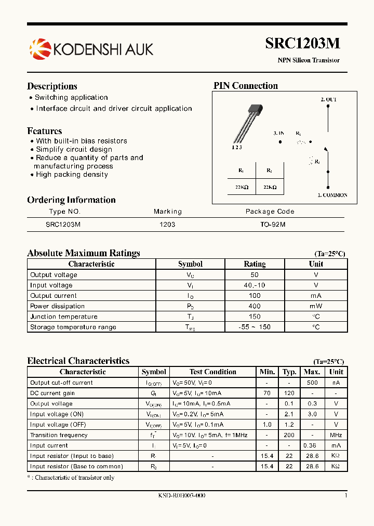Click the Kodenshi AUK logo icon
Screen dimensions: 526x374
tap(40, 49)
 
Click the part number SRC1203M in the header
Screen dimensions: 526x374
tap(302, 44)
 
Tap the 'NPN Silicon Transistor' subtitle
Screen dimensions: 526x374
tap(308, 60)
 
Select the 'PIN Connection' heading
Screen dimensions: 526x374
tap(246, 86)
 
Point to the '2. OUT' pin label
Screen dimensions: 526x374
tap(328, 99)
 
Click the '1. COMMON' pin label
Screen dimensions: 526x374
tap(332, 195)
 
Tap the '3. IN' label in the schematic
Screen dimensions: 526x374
tap(278, 134)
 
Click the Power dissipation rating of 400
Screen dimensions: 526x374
tap(254, 306)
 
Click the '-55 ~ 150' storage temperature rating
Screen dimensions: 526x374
tap(254, 327)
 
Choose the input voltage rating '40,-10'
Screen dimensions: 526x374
tap(254, 285)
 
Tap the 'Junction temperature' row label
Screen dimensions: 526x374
tap(64, 317)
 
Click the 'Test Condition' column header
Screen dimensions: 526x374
tap(212, 372)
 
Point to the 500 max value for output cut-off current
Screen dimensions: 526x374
tap(312, 383)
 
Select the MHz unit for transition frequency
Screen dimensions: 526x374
tap(336, 435)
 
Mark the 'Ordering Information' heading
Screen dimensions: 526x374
tap(71, 200)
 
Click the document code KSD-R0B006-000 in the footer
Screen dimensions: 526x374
tap(182, 495)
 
